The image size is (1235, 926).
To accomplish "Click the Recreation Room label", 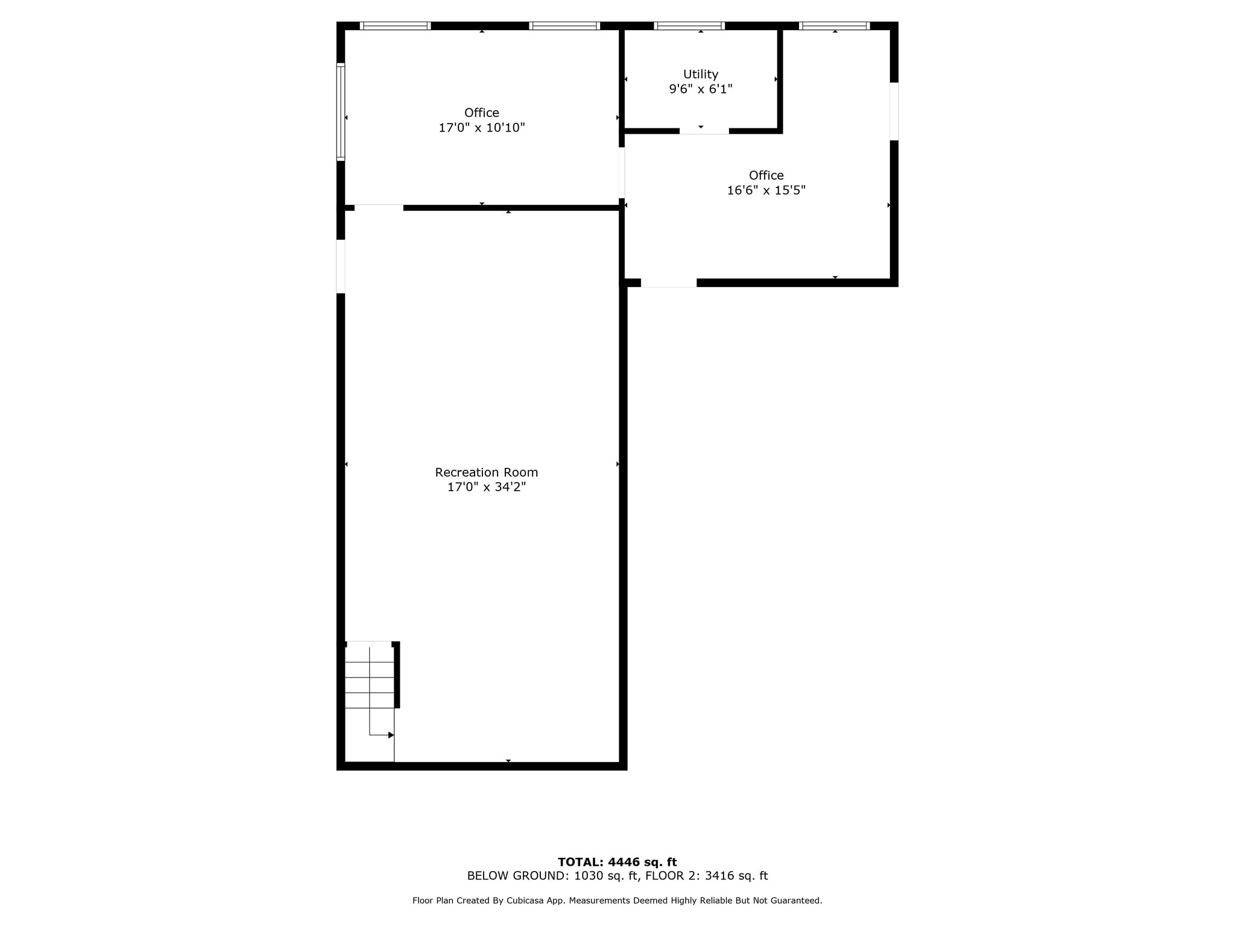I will [x=486, y=472].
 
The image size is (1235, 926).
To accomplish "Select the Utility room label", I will [x=700, y=74].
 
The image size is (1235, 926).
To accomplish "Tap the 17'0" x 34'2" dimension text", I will [x=486, y=487].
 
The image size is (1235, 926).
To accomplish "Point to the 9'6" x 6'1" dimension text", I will [x=700, y=89].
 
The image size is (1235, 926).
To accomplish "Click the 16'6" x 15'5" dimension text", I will [x=766, y=191].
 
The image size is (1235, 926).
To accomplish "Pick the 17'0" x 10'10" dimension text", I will [x=481, y=128].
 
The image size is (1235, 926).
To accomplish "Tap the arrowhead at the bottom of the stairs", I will [x=391, y=735].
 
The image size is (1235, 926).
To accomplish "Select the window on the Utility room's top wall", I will [x=689, y=26].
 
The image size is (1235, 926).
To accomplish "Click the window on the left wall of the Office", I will [x=341, y=112].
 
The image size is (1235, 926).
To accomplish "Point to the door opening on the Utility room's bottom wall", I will [x=704, y=131].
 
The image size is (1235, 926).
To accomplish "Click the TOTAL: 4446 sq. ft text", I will [x=617, y=862].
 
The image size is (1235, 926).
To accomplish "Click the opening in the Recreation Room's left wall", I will [x=341, y=266].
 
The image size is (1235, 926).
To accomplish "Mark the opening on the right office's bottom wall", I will [x=668, y=283].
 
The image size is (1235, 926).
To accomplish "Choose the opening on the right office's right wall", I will [x=894, y=112].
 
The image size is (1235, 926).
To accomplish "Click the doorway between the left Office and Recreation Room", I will [x=379, y=208].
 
